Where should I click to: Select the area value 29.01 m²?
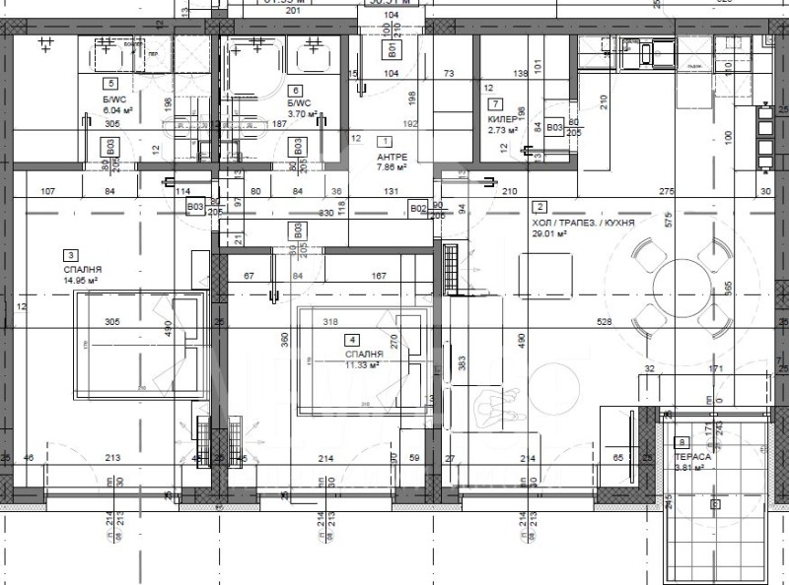point(548,234)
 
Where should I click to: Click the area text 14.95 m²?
point(80,280)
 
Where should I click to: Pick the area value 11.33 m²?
point(362,363)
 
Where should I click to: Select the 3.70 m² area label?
point(302,114)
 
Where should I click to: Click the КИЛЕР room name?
point(499,118)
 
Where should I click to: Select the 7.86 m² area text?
point(393,167)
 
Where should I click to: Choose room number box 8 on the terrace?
point(682,443)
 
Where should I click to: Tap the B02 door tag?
point(418,208)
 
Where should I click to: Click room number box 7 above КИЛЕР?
point(494,103)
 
